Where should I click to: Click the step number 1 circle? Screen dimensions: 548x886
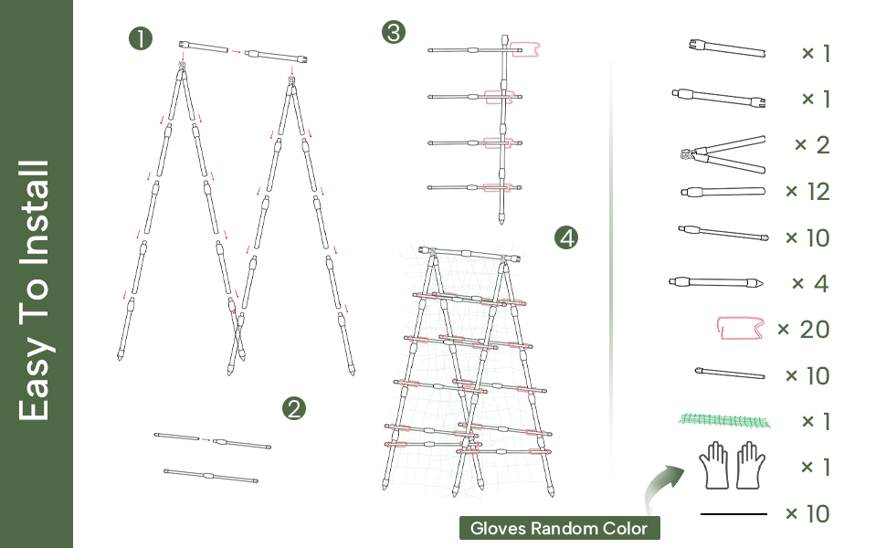[141, 38]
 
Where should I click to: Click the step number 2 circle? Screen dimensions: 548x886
[293, 408]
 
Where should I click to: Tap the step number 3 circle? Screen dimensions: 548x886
[393, 34]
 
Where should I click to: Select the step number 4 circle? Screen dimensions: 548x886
[566, 238]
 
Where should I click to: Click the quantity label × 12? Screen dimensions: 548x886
[807, 192]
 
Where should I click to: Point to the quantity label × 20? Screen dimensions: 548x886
[803, 329]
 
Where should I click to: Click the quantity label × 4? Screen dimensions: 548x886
[810, 283]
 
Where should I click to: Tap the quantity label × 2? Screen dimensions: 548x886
[812, 145]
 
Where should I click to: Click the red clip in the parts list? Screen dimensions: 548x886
[741, 328]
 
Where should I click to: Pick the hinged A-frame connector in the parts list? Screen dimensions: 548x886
[722, 152]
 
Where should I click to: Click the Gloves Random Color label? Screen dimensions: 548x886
[559, 528]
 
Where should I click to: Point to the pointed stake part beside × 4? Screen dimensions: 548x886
[715, 281]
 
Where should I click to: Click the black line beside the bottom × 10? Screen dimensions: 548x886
[733, 514]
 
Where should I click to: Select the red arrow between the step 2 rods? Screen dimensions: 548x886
[206, 440]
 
